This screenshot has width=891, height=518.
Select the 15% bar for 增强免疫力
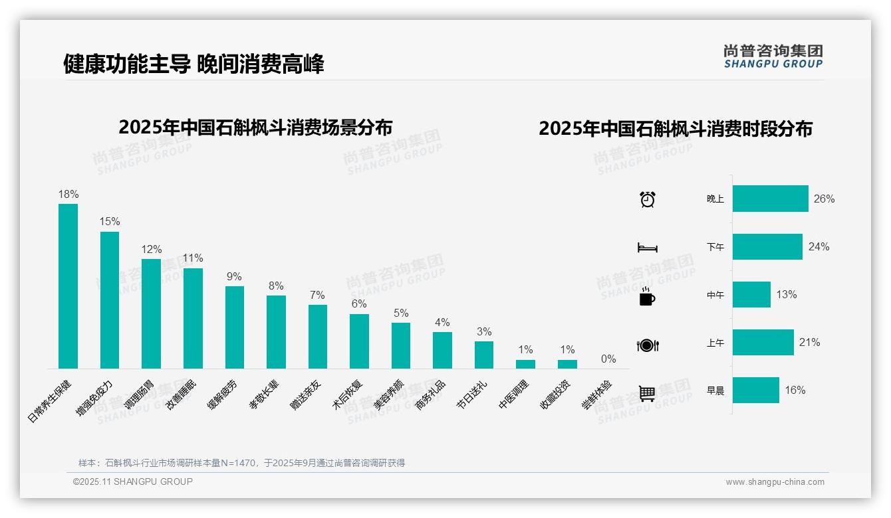(x=110, y=300)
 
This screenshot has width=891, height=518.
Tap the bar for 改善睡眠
(x=193, y=318)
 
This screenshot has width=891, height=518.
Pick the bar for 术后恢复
(x=359, y=341)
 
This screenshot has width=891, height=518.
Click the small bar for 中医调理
(x=525, y=364)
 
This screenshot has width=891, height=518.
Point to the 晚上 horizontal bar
(x=770, y=199)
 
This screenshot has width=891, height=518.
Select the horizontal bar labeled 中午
(x=751, y=294)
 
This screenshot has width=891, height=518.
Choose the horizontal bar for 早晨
(x=755, y=390)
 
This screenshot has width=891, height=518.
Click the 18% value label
(x=68, y=194)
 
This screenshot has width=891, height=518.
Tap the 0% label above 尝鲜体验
(x=608, y=359)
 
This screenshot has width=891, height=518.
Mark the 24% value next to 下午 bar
(x=819, y=246)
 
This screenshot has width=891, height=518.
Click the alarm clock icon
(x=647, y=199)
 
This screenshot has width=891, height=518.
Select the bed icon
(x=647, y=248)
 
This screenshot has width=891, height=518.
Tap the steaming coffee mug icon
(x=647, y=296)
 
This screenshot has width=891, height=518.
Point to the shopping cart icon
(x=647, y=393)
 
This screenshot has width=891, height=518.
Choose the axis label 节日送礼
(x=473, y=394)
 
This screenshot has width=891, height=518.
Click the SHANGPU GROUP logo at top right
(x=773, y=56)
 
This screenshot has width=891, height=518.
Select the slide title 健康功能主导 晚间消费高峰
(x=193, y=64)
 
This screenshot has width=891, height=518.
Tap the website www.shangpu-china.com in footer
(x=775, y=482)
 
